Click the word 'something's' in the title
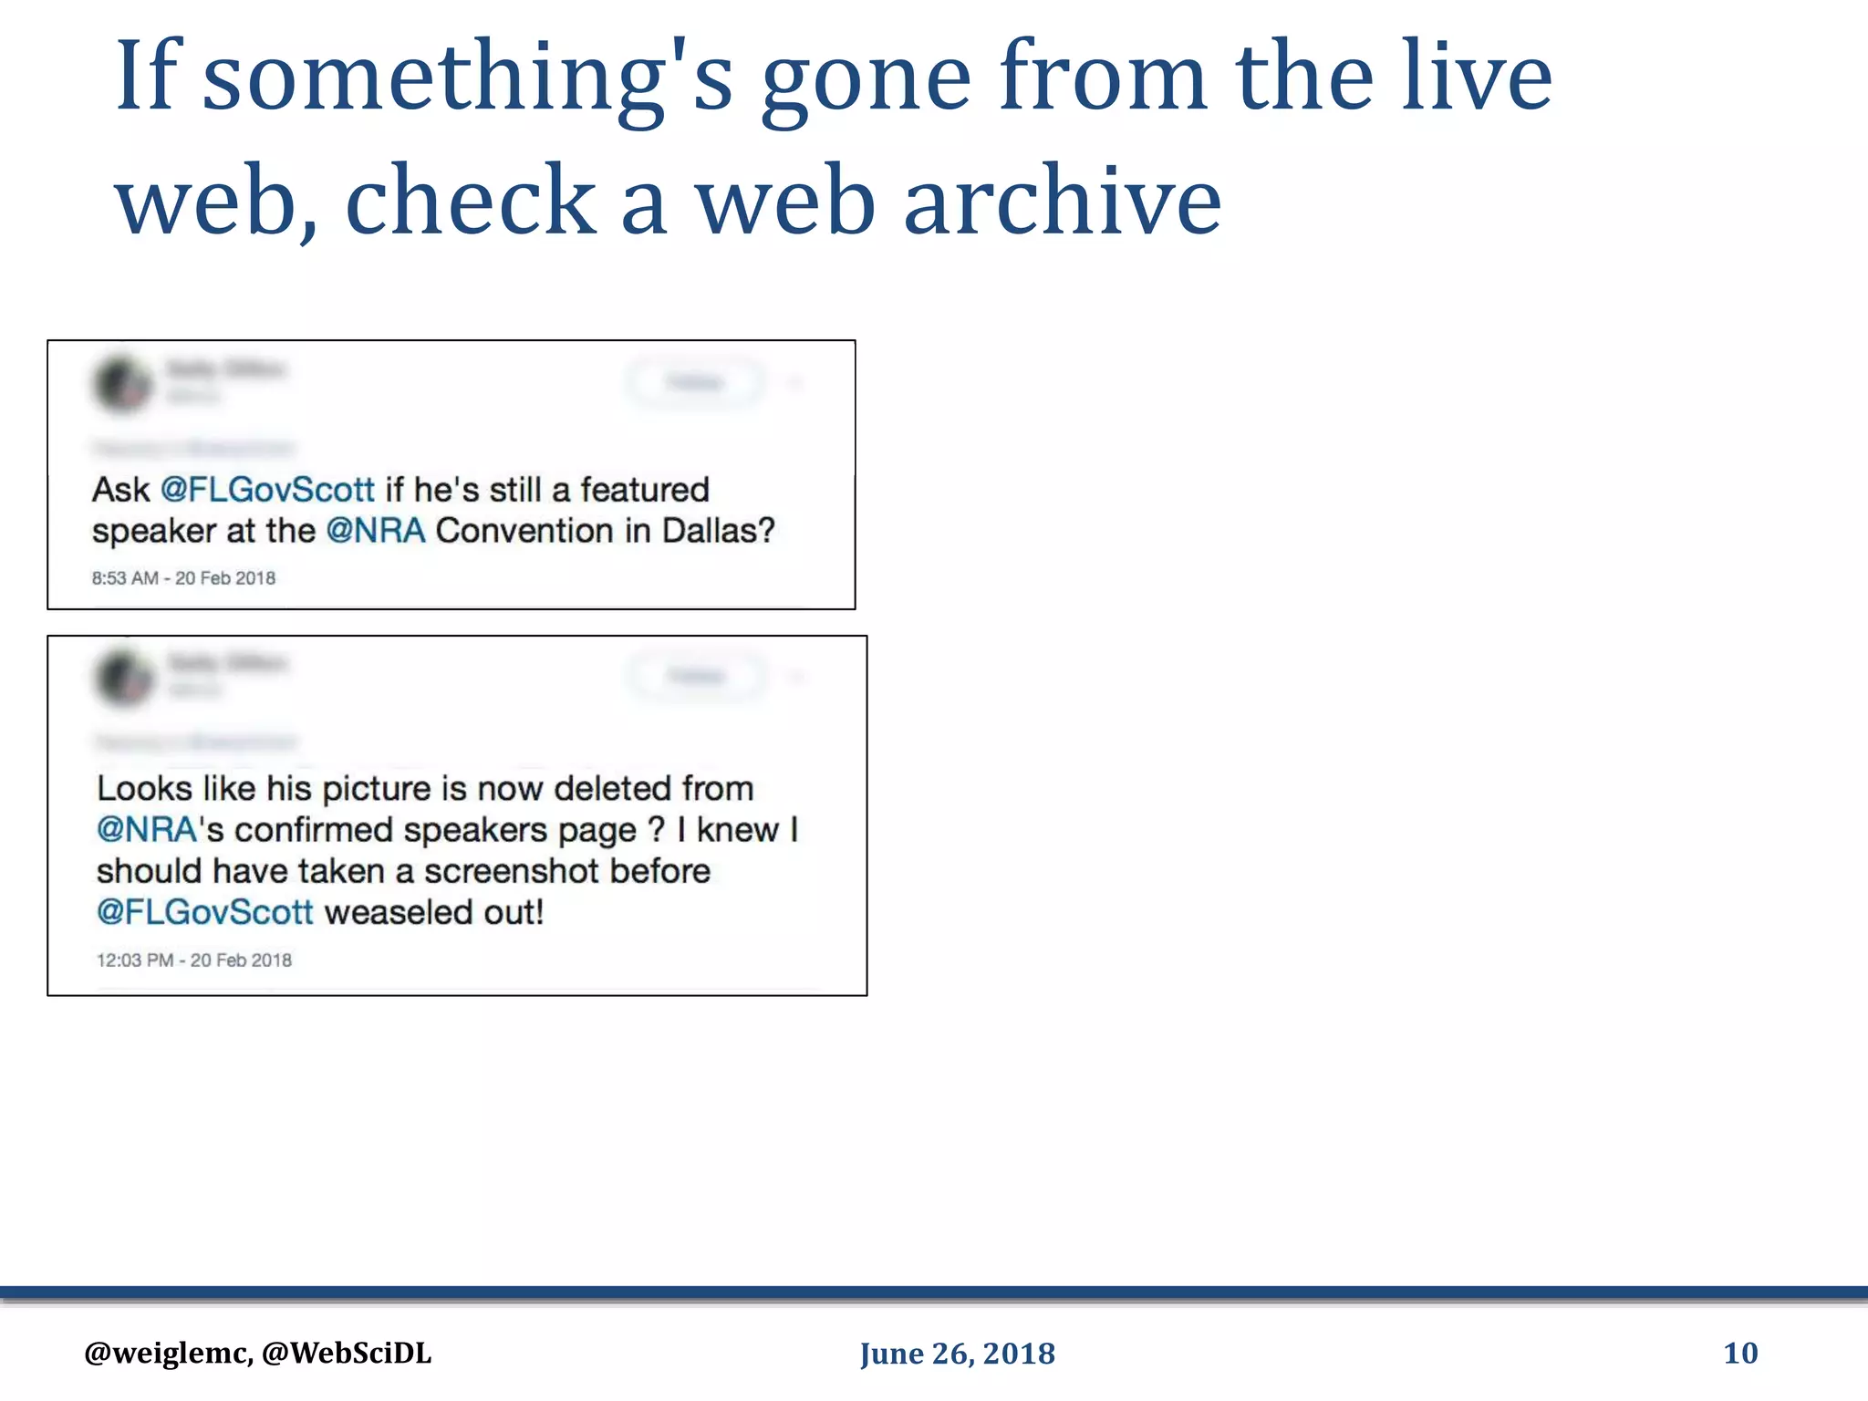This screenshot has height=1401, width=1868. click(467, 78)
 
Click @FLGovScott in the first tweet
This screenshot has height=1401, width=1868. click(267, 490)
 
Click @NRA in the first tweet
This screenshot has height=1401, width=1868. click(376, 531)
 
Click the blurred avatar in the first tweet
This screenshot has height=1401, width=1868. click(123, 384)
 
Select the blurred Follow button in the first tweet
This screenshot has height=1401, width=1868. click(695, 382)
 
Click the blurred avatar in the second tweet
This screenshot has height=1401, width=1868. click(125, 678)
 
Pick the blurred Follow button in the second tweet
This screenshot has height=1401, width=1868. click(697, 676)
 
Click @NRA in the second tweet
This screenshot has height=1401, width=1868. click(147, 830)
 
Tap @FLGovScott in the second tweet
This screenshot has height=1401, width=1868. click(205, 912)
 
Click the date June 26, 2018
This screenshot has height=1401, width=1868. click(957, 1354)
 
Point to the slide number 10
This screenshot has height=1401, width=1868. click(1740, 1353)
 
